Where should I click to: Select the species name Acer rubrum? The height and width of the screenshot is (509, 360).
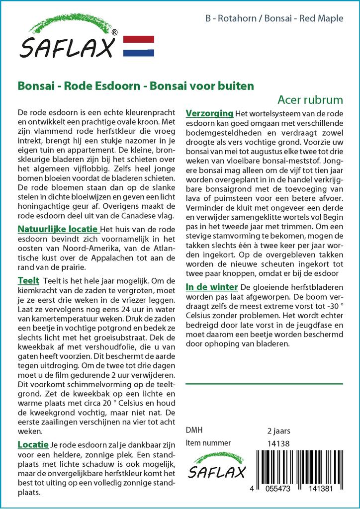(310, 99)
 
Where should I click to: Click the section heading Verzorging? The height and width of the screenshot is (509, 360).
(209, 113)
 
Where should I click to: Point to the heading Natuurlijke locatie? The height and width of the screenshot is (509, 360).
(58, 230)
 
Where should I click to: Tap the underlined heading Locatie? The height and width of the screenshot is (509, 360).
(33, 444)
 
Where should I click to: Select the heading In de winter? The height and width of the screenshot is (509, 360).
(212, 287)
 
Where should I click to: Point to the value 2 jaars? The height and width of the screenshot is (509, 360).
(278, 430)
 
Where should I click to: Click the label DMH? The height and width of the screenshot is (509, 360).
(194, 430)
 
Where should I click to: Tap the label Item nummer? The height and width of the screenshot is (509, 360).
(208, 443)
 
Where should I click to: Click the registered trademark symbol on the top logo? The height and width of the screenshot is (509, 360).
(114, 33)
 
